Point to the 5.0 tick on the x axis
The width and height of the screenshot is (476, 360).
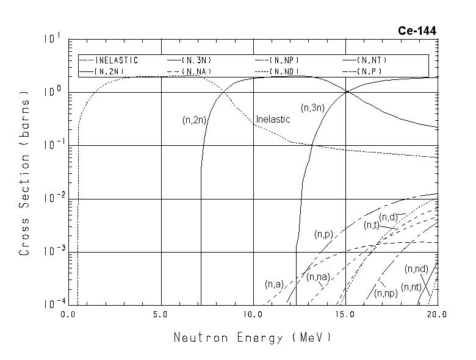(x=161, y=315)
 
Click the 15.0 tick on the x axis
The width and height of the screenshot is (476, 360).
(x=345, y=315)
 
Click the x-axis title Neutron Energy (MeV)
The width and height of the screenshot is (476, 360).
(x=253, y=337)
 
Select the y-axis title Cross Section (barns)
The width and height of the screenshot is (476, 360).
(x=24, y=173)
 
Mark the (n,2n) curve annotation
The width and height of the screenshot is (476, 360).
(x=195, y=120)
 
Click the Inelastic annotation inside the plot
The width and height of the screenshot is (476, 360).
(x=273, y=120)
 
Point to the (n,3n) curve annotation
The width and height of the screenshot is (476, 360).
(x=312, y=108)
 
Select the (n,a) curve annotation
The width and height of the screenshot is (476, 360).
(x=274, y=284)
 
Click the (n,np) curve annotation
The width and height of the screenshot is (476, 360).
(x=386, y=293)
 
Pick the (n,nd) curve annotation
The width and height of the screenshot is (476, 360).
(x=416, y=269)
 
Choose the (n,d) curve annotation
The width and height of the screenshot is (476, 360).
(x=388, y=217)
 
